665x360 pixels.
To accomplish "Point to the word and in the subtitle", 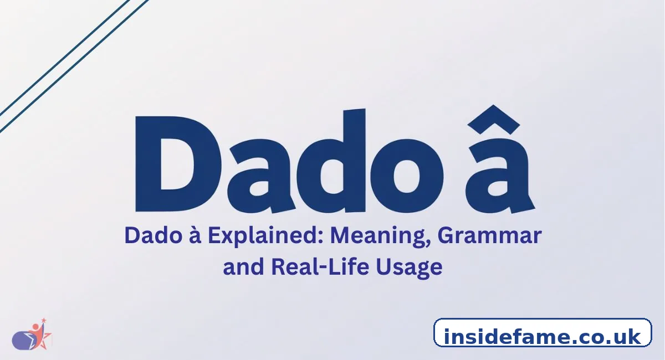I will pyautogui.click(x=242, y=267).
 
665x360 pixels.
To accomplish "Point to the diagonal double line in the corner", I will pyautogui.click(x=66, y=61).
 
